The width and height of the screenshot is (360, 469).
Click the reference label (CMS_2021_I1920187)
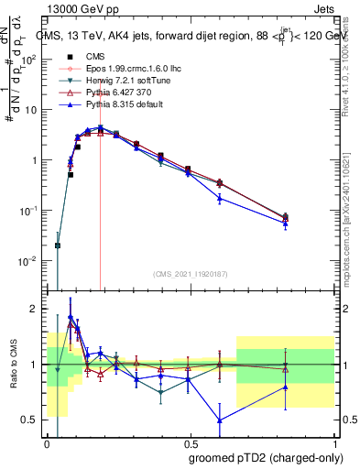(x=191, y=274)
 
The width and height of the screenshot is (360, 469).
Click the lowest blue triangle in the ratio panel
(x=219, y=420)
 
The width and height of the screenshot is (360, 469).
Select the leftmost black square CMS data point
(x=58, y=245)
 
